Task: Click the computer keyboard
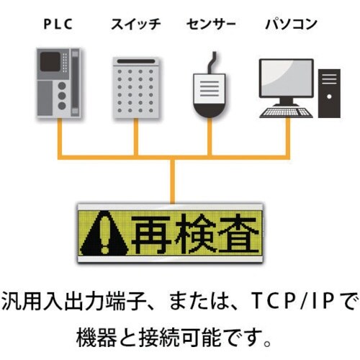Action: click(286, 112)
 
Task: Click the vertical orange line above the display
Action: click(173, 180)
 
